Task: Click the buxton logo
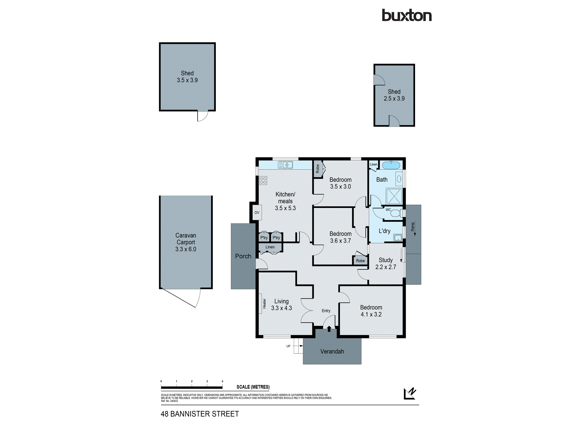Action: pos(407,15)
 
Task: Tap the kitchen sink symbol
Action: pos(285,165)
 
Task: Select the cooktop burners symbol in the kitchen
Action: pos(263,180)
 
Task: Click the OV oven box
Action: pos(257,213)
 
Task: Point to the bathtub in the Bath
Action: pos(391,165)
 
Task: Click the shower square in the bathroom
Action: pos(394,196)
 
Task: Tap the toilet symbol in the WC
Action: pos(396,213)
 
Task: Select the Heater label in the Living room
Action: pos(264,303)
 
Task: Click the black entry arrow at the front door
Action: pos(329,329)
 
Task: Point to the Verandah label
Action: pos(332,351)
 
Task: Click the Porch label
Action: pos(243,256)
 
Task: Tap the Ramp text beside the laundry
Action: pos(412,226)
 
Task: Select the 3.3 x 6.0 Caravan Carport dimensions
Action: pos(186,249)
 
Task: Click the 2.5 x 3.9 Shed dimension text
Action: pos(394,99)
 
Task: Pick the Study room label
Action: pos(385,260)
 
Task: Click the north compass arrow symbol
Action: pos(410,394)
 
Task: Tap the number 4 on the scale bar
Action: pos(222,381)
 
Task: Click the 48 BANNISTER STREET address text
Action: pos(200,414)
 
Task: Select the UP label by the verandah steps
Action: pos(288,346)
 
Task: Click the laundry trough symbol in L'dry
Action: pos(398,238)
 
